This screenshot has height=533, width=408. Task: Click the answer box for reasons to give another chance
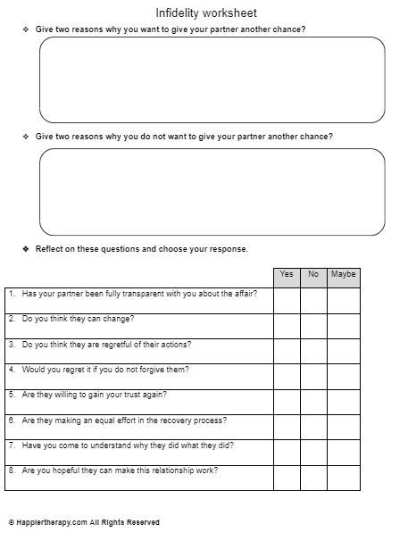(x=212, y=79)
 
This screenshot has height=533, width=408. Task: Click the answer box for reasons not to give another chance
(x=212, y=192)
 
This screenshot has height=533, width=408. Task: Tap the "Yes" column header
(x=287, y=275)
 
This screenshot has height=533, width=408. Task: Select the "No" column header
(x=313, y=275)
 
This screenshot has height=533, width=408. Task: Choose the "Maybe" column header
(x=344, y=275)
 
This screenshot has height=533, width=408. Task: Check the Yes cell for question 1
(x=287, y=300)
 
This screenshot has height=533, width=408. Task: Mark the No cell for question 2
(x=313, y=325)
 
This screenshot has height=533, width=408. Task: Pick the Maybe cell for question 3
(x=344, y=350)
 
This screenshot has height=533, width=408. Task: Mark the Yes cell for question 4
(x=287, y=376)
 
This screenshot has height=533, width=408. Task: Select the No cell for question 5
(x=313, y=401)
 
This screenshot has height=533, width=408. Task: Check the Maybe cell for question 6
(x=344, y=427)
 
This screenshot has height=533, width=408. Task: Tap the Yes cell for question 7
(x=287, y=452)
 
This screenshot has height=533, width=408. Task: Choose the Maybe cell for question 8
(x=344, y=477)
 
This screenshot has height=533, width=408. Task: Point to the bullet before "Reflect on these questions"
(x=26, y=248)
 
